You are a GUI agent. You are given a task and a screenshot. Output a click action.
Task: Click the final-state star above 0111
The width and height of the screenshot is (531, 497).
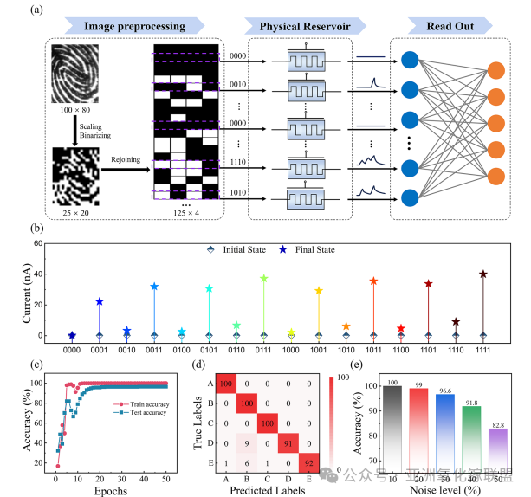click(264, 279)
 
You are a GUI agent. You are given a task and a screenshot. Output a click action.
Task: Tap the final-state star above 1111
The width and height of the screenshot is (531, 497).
click(483, 274)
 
